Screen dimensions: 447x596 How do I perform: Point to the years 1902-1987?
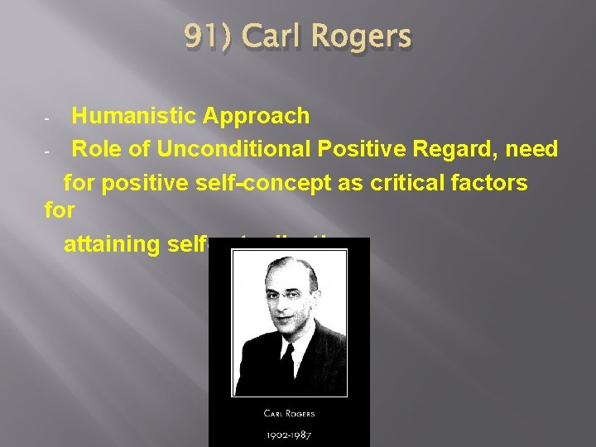pyautogui.click(x=289, y=433)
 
